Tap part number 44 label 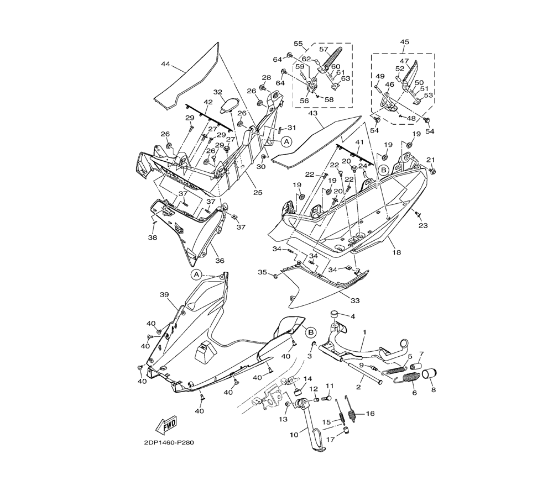click(x=165, y=65)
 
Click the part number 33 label click(x=354, y=300)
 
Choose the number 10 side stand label click(x=294, y=435)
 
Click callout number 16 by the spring click(x=370, y=413)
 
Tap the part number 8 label click(x=433, y=390)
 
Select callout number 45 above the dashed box click(x=404, y=42)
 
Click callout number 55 click(x=298, y=44)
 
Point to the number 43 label click(x=313, y=113)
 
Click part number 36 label click(x=204, y=261)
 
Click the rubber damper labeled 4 click(x=335, y=315)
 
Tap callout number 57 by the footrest click(x=324, y=49)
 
